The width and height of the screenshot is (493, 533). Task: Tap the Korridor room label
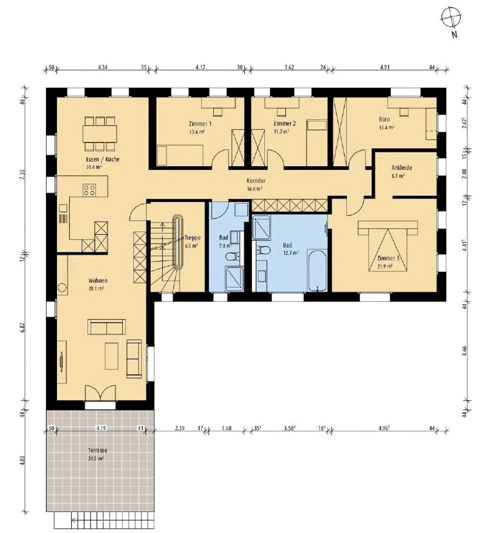tap(256, 181)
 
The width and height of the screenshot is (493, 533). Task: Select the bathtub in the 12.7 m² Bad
tap(317, 271)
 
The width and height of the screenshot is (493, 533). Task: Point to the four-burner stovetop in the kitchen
tap(89, 190)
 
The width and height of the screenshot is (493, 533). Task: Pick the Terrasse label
tap(97, 450)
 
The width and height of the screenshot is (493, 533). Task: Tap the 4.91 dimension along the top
tap(384, 67)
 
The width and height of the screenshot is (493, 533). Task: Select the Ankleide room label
tap(402, 168)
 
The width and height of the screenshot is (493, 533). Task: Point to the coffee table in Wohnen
tap(111, 356)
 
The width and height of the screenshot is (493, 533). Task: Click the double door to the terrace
tap(100, 393)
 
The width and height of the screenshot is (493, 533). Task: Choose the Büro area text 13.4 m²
tap(386, 128)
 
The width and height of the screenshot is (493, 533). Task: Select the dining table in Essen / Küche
tap(100, 134)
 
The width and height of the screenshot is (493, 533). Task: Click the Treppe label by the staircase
tap(192, 238)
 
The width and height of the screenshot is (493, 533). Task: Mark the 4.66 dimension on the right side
tap(464, 351)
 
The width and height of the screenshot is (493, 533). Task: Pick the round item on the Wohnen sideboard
tap(62, 287)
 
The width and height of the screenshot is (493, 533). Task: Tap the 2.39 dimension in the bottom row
tap(179, 428)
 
